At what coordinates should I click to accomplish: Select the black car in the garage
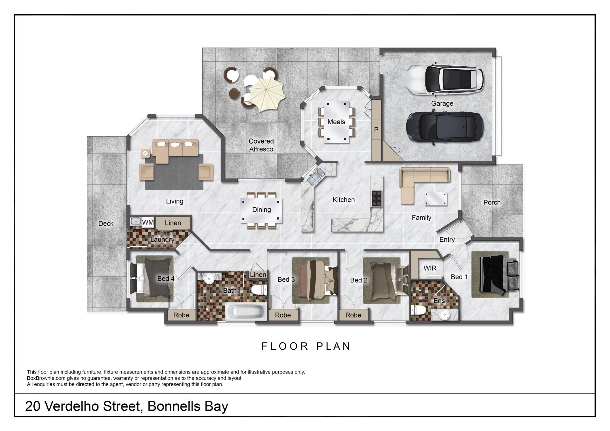(445, 128)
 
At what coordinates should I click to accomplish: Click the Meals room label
(336, 122)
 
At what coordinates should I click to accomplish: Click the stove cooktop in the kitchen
(376, 199)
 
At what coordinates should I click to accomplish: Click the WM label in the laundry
(148, 222)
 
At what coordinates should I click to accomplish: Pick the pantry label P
(376, 130)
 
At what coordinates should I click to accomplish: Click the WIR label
(430, 268)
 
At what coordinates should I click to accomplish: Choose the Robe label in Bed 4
(181, 315)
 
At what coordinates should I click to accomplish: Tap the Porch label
(492, 202)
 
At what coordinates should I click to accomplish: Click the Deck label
(106, 224)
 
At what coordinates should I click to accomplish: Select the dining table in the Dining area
(261, 210)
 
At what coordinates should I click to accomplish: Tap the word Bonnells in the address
(174, 406)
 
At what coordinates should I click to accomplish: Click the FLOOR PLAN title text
(306, 346)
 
